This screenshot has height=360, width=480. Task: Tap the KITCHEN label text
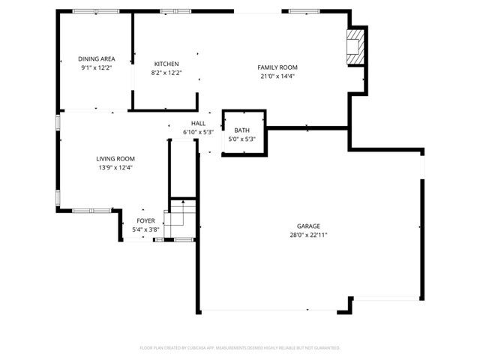[x=166, y=64]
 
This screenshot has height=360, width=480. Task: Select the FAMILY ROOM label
[x=283, y=67]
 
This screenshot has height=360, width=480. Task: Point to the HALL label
[x=198, y=124]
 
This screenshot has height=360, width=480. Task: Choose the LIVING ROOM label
[x=115, y=158]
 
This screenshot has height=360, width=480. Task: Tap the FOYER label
[x=145, y=220]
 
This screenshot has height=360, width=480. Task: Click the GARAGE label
[x=308, y=226]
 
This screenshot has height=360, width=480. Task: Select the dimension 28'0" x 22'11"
[x=308, y=235]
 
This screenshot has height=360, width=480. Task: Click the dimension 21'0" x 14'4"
[x=283, y=76]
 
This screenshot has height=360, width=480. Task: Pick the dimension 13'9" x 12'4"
[x=115, y=167]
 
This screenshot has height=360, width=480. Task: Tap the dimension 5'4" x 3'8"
[x=145, y=229]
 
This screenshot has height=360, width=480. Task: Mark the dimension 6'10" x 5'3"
[x=198, y=133]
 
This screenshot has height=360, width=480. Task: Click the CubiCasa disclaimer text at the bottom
[x=240, y=348]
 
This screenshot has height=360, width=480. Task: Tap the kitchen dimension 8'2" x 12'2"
[x=166, y=73]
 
